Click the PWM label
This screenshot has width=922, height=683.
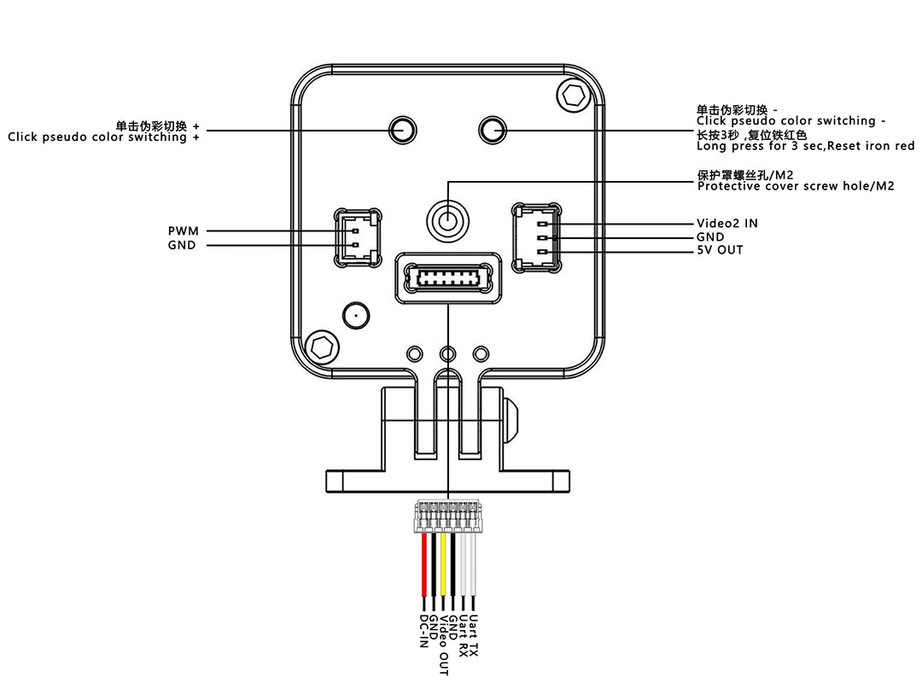point(183,231)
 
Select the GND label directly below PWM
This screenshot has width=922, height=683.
point(182,245)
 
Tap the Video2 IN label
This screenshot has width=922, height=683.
point(727,224)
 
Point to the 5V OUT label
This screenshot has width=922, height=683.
point(720,250)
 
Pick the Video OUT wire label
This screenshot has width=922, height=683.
point(443,645)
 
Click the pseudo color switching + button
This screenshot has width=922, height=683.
point(402,130)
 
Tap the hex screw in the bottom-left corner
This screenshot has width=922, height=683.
point(322,347)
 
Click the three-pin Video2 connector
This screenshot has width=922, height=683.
point(536,237)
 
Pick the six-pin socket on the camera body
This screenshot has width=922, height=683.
point(446,277)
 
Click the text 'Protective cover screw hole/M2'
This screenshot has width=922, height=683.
point(796,186)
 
